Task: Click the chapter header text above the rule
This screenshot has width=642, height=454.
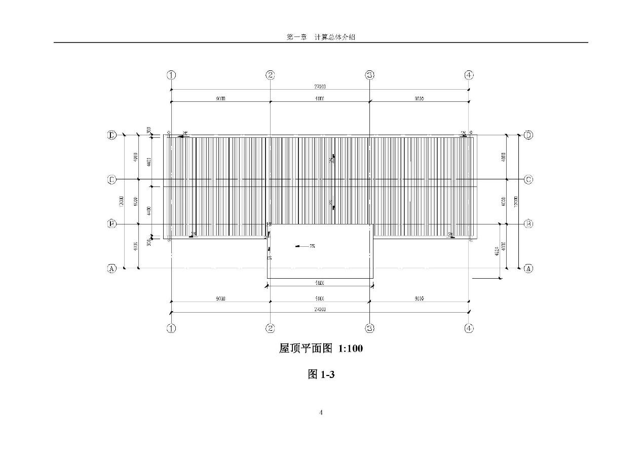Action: tap(321, 37)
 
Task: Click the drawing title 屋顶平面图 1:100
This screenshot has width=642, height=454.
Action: tap(321, 349)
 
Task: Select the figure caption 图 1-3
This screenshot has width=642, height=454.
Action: tap(321, 374)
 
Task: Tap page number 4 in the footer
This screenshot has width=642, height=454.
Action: tap(321, 412)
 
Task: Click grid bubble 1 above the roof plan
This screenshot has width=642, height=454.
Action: tap(171, 75)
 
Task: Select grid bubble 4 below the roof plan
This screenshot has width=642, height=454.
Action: tap(469, 328)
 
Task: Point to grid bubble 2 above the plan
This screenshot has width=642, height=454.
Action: tap(270, 75)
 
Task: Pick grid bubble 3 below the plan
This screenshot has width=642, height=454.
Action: tap(370, 328)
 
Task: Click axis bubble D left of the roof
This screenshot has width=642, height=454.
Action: tap(112, 135)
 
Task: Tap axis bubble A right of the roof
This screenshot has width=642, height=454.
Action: tap(528, 269)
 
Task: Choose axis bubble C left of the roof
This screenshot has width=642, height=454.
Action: tap(112, 179)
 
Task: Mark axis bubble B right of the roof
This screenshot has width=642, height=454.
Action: tap(528, 223)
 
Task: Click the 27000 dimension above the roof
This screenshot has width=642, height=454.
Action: tap(320, 87)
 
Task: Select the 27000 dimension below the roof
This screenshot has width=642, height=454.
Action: tap(320, 309)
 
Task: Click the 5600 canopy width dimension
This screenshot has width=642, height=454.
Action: tap(320, 283)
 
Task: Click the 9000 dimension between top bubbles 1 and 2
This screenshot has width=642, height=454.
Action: tap(220, 99)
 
